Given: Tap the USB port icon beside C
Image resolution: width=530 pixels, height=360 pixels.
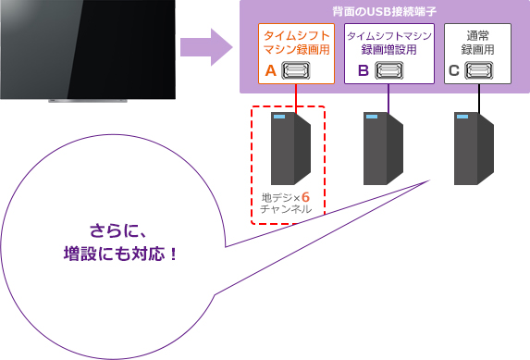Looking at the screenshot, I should point(478,69).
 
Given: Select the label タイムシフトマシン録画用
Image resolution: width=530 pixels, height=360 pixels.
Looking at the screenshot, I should point(294,43).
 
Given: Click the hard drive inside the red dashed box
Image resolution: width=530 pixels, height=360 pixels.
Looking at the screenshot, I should point(289,148).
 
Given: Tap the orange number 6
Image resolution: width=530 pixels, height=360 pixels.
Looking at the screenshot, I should point(306,197).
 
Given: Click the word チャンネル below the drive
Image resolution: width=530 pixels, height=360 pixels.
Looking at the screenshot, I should point(287,211).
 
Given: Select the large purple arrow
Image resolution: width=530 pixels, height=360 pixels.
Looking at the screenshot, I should point(204,46).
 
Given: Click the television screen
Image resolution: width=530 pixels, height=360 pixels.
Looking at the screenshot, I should point(87,46).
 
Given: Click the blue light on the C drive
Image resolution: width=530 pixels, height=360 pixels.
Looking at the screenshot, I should point(461,118).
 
